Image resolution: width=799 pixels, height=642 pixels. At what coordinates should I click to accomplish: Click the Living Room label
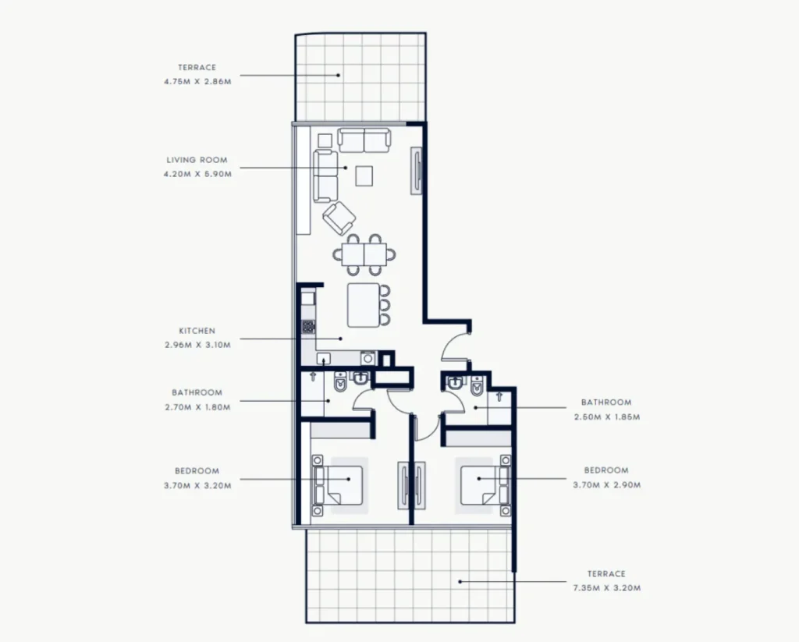[197, 160]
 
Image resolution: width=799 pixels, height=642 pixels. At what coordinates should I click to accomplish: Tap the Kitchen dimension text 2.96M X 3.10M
[197, 345]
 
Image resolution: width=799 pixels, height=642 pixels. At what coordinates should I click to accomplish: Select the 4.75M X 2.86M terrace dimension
[197, 82]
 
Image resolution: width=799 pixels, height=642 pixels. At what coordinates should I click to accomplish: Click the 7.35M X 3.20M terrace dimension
[607, 588]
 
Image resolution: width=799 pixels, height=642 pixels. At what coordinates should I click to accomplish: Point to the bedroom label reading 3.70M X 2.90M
[607, 485]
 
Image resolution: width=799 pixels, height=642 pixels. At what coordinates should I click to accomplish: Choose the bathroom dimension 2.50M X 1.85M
[607, 417]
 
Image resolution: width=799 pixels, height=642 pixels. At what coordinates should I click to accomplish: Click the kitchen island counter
[364, 305]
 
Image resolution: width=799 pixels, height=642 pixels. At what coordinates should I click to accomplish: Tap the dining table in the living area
[365, 254]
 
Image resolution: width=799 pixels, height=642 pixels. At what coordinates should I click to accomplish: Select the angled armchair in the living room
[339, 218]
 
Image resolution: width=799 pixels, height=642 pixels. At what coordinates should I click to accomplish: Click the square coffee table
[364, 176]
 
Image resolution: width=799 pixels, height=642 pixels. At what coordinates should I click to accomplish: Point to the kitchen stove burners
[308, 327]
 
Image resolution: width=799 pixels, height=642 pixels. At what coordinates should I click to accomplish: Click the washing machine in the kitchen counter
[368, 358]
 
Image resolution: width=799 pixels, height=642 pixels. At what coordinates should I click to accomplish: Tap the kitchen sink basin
[324, 359]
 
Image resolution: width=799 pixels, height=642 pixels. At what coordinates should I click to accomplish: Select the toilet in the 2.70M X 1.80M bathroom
[340, 383]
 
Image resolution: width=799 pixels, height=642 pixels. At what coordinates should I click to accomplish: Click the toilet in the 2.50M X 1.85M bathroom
[477, 387]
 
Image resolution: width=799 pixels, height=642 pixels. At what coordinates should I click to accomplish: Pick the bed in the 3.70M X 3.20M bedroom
[339, 485]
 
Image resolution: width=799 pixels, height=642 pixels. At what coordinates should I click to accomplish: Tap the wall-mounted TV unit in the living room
[417, 171]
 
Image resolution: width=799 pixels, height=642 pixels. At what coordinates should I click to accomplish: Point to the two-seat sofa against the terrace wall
[364, 140]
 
